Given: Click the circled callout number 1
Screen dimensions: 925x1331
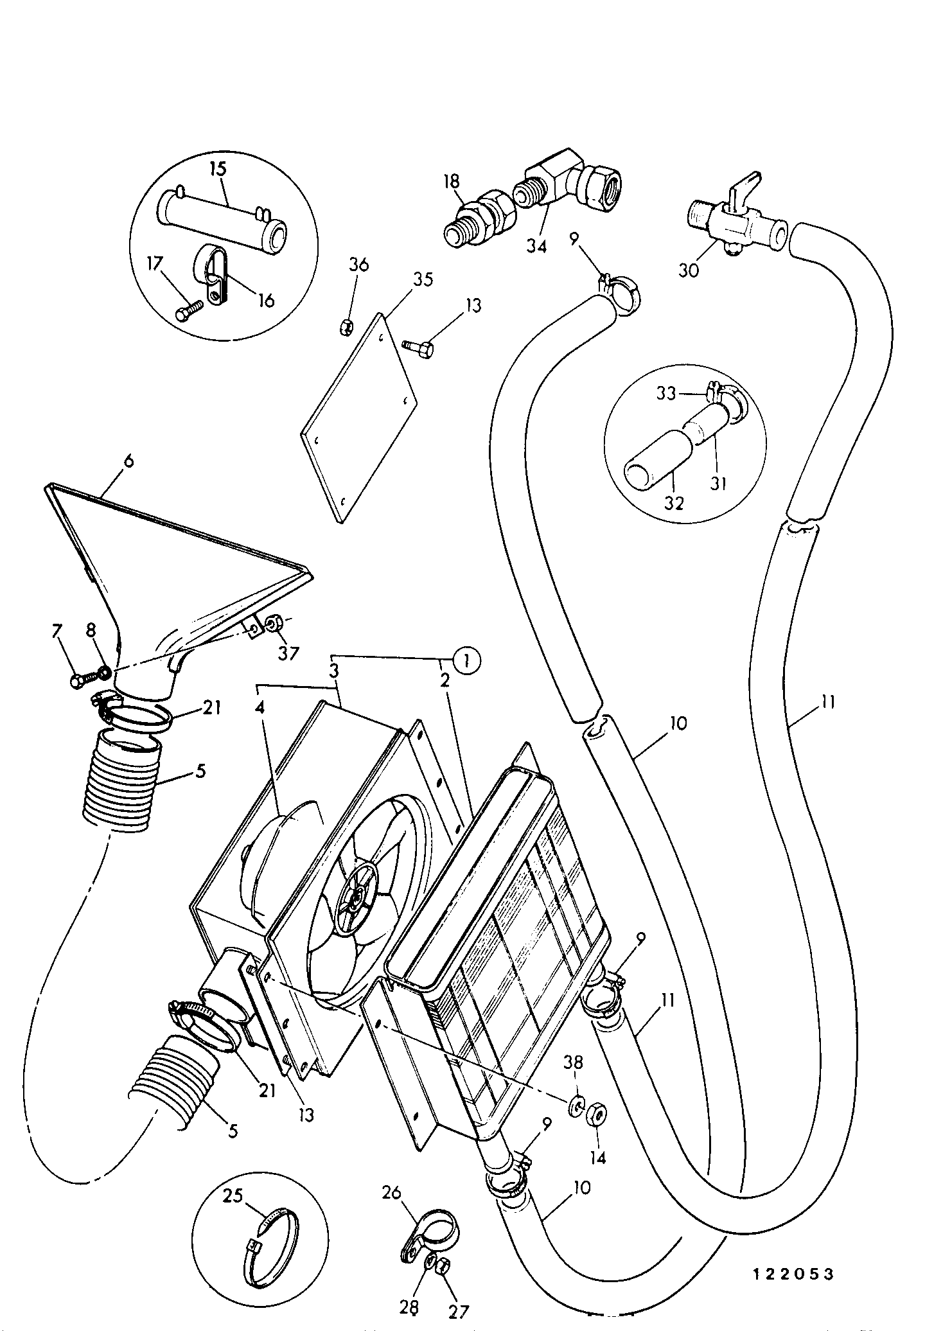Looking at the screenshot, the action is coord(467,660).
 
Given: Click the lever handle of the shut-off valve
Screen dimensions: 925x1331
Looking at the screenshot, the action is coord(745,186).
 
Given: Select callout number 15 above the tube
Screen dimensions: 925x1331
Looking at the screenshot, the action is coord(218,170).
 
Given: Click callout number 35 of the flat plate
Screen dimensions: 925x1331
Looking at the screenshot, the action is coord(422,279).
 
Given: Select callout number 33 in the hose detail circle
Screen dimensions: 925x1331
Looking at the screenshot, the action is coord(666,392).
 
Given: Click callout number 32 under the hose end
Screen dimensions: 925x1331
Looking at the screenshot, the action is coord(674,503).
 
